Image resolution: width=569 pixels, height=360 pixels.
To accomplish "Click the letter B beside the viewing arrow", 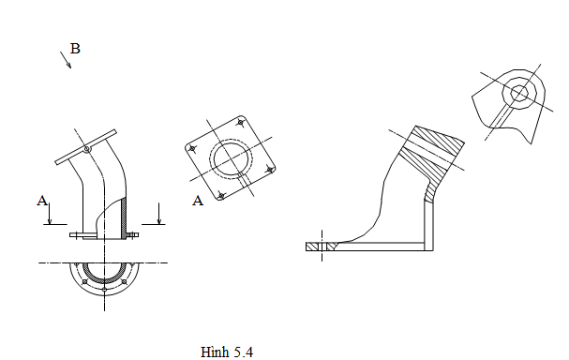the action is [x=75, y=49].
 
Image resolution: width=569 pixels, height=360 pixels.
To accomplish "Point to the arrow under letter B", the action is [x=66, y=60].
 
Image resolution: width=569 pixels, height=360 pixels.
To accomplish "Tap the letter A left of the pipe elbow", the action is [x=42, y=201].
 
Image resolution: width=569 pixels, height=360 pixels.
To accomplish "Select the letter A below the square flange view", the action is [x=198, y=201].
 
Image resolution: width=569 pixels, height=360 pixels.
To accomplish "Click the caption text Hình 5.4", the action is [x=227, y=352].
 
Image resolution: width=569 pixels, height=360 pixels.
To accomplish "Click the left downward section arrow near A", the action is [x=50, y=214].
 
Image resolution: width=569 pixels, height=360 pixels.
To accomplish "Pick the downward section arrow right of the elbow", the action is [x=158, y=214].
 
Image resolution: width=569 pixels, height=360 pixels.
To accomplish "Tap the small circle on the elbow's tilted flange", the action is [x=86, y=149].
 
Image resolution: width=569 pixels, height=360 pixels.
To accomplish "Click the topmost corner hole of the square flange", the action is [x=240, y=123].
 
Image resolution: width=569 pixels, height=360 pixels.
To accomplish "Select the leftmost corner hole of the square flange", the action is [x=192, y=148].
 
